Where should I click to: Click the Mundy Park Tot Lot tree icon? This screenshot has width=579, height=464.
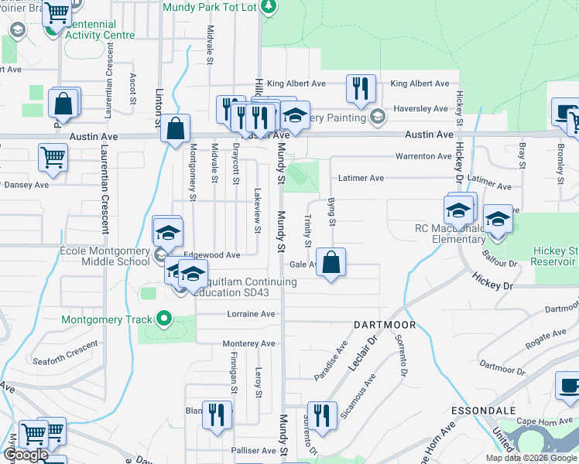coord(269,6)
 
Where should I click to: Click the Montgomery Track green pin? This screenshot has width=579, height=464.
coord(163,318)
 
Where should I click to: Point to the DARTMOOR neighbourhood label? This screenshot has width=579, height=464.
coord(385,325)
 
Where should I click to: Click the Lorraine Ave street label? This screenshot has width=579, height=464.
coord(251,315)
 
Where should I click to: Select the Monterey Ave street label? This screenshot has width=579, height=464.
coord(248,343)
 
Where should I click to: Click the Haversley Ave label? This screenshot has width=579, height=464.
coord(420,109)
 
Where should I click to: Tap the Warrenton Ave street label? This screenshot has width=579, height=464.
coord(423,156)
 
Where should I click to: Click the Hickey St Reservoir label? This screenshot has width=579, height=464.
coord(555,256)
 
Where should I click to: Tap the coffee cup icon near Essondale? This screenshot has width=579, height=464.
coord(569,385)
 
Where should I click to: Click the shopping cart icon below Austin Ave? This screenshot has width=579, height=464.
coord(53,155)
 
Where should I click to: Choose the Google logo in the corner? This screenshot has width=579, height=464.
coord(26,455)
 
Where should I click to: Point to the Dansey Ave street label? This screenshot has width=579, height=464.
coord(26,185)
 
